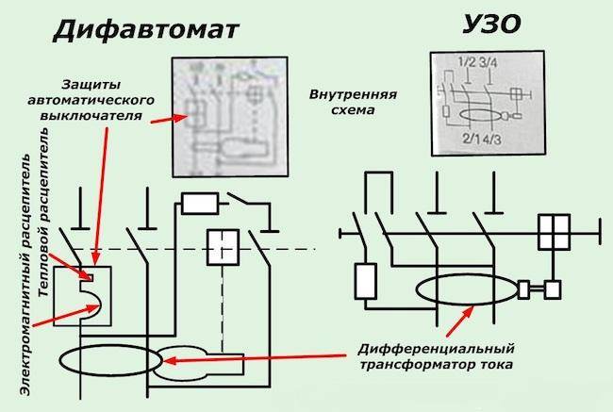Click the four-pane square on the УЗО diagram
pos(555,231)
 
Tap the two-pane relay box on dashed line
pos(224,246)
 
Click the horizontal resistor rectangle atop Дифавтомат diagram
pos(201,202)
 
